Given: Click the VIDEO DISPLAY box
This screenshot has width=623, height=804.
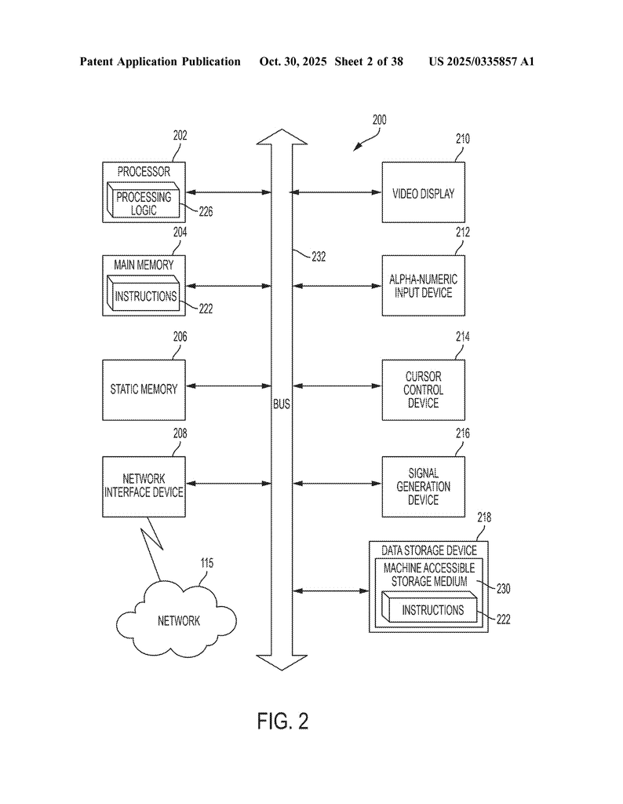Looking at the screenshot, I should pos(423,193).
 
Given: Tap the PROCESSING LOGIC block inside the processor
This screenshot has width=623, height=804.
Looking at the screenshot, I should pos(144,203).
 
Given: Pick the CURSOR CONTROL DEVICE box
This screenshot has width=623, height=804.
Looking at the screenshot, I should pos(423,390).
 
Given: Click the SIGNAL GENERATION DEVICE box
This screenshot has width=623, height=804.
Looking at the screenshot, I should pos(423,487).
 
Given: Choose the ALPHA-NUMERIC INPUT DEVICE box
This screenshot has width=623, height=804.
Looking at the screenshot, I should pos(423,286).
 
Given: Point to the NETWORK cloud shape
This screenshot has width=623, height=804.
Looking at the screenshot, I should pos(178,620).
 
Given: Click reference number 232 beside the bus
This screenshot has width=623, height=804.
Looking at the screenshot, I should pos(316,256).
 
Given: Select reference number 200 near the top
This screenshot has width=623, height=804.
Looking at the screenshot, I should pos(379,120).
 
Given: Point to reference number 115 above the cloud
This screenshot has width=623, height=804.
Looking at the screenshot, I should pos(206,563).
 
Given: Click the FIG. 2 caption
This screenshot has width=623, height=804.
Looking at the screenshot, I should pos(282,722).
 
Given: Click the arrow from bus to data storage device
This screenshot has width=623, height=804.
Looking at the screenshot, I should pos(330,590).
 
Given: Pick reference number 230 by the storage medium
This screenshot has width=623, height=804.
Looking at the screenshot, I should pos(503,587).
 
